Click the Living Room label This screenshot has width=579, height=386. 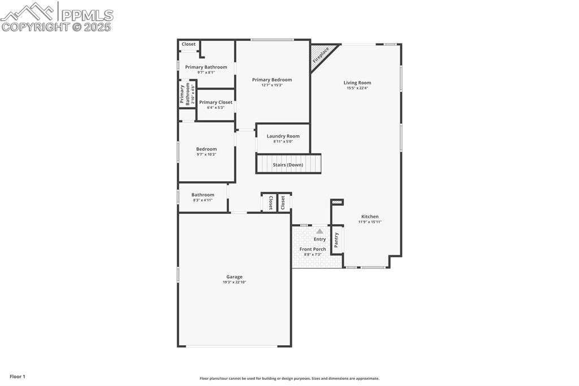pos(357,83)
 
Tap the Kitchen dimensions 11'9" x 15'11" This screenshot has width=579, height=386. pos(370,222)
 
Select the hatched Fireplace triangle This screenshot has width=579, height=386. pos(320,55)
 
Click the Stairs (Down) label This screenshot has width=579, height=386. pos(288,165)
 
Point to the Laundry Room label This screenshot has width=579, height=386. pos(283,136)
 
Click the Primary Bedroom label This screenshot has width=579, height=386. pos(272,80)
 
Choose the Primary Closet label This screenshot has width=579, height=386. pos(215,102)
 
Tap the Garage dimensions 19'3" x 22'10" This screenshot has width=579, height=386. pos(234,282)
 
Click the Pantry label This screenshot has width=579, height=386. pos(336,239)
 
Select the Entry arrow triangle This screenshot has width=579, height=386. pos(319,231)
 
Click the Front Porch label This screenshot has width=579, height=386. pos(313,249)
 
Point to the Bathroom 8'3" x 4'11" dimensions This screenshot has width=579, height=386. pos(202,200)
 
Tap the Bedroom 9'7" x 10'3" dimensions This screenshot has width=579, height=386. pos(206,154)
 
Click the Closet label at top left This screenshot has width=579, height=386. pos(188,44)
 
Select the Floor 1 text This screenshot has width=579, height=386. pos(18,376)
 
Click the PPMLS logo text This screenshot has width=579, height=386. pos(87,15)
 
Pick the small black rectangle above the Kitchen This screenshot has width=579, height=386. pos(337,201)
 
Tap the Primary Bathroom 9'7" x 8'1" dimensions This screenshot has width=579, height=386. pos(206,72)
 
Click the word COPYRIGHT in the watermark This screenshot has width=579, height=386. pos(36,27)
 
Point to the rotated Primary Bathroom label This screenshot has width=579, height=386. pos(185,94)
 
